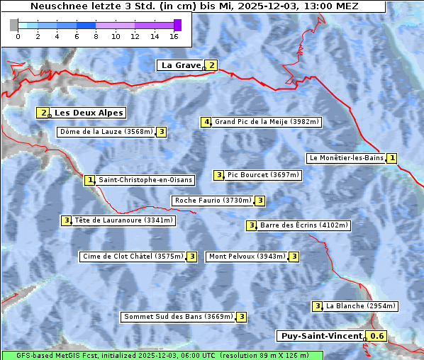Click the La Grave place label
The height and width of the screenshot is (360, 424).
(181, 65)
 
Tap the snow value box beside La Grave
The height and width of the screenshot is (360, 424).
(211, 65)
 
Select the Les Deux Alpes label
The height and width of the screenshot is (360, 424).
(89, 113)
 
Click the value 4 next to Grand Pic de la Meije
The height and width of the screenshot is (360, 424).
(206, 122)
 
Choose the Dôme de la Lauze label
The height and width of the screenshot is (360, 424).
(106, 132)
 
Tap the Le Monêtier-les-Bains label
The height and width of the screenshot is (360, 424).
(345, 158)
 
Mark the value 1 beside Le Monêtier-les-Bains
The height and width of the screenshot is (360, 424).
(392, 158)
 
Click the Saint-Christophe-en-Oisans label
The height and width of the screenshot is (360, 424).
(145, 180)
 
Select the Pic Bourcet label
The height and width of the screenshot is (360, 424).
(263, 175)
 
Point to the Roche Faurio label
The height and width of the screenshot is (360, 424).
(213, 201)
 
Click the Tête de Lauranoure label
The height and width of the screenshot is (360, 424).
(123, 220)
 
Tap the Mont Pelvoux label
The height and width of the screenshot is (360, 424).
(246, 257)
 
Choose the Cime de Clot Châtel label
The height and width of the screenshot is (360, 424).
(132, 257)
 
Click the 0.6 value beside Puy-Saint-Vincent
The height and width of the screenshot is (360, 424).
(378, 336)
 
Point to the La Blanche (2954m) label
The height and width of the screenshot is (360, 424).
(360, 306)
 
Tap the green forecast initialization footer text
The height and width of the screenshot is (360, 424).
(162, 355)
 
